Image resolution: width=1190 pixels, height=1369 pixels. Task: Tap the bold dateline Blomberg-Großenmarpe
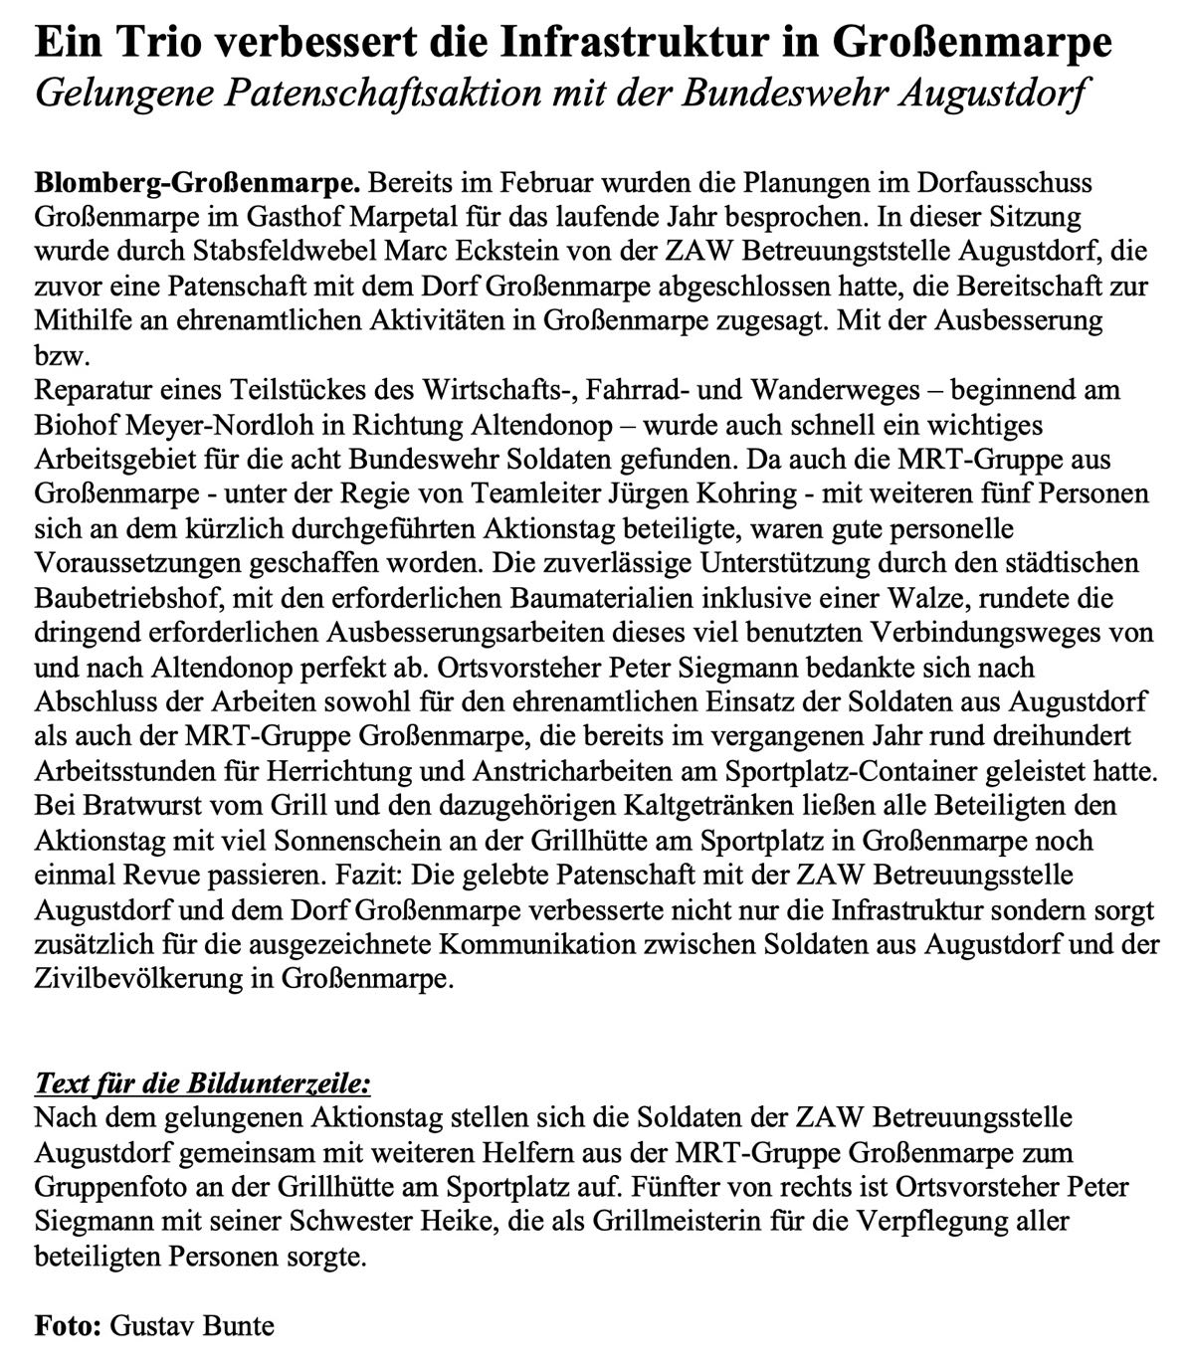[196, 183]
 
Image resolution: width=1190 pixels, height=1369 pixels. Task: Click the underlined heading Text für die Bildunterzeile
[202, 1082]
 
